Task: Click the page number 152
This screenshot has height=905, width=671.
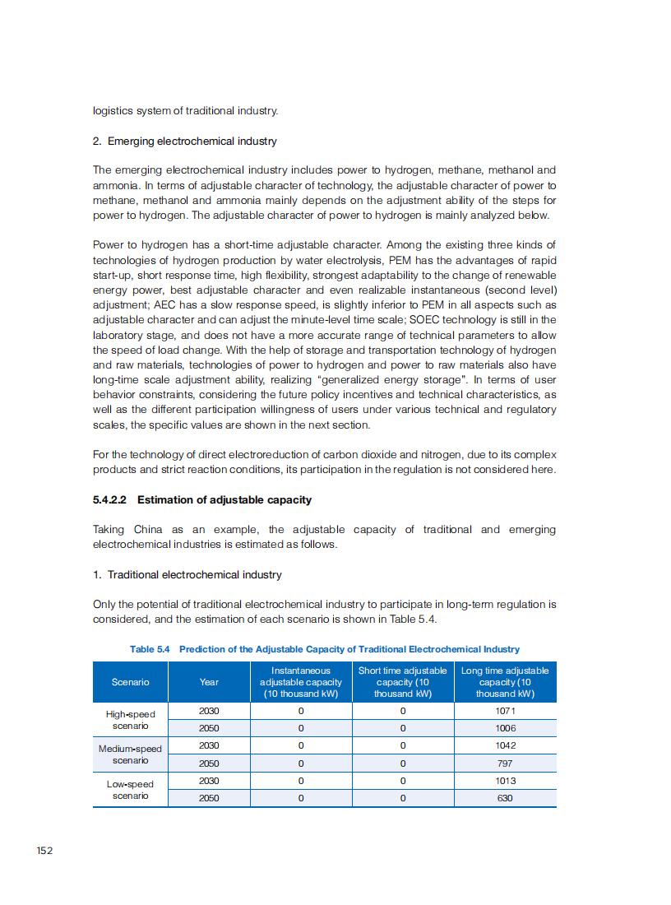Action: click(x=44, y=850)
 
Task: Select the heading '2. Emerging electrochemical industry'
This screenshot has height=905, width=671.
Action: click(x=184, y=141)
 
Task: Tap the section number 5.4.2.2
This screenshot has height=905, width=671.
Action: click(x=112, y=499)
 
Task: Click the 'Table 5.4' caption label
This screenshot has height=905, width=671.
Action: click(x=150, y=649)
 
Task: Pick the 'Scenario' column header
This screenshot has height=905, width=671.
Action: click(x=130, y=682)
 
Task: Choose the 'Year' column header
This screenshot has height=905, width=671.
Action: click(x=209, y=682)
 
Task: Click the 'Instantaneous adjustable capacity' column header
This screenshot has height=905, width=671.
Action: click(x=300, y=682)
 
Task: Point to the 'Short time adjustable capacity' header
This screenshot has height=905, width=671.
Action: click(x=402, y=682)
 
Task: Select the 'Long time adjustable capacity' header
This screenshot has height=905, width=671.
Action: click(x=505, y=682)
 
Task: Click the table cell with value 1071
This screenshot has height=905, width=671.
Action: click(x=505, y=711)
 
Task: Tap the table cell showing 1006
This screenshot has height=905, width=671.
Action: click(x=505, y=728)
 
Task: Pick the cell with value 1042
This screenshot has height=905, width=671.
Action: click(x=505, y=745)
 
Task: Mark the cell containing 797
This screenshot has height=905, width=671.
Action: click(x=505, y=763)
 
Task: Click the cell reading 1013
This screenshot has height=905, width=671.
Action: click(x=505, y=781)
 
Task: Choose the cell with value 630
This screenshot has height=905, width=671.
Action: click(x=505, y=798)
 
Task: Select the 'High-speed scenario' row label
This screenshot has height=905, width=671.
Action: click(x=130, y=720)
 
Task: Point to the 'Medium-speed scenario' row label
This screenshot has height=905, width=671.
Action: click(x=130, y=754)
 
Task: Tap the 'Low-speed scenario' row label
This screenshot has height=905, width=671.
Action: click(x=130, y=790)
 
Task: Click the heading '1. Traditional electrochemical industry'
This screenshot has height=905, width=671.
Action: click(x=187, y=574)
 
